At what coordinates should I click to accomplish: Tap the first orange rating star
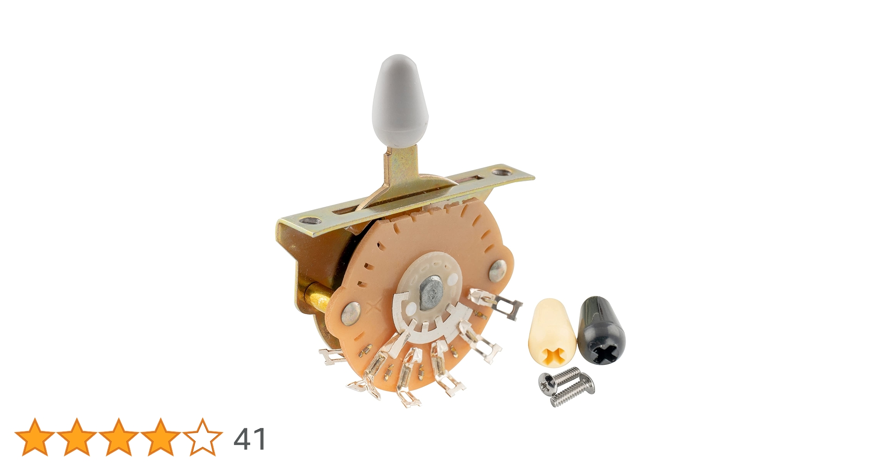(34, 437)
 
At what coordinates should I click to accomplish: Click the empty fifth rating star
(203, 437)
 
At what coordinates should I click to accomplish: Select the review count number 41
(250, 438)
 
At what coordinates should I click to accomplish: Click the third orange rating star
(118, 437)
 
